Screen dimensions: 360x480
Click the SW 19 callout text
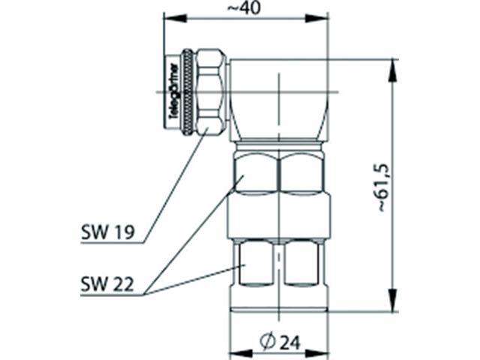click(106, 232)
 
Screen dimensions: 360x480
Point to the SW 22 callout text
click(106, 284)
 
